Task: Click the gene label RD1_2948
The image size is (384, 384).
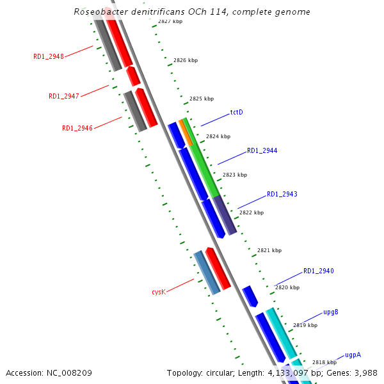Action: [x=49, y=56]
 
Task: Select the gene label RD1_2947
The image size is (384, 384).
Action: [x=64, y=97]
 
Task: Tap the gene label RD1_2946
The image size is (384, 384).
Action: [x=77, y=128]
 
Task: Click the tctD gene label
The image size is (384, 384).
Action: [x=236, y=113]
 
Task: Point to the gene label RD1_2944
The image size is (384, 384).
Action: [x=262, y=151]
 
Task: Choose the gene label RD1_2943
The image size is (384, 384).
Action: [x=282, y=194]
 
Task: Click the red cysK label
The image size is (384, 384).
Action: [x=159, y=292]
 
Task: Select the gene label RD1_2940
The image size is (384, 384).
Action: [x=318, y=271]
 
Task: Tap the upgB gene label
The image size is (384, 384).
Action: [x=330, y=312]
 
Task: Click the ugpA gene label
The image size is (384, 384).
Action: [x=353, y=355]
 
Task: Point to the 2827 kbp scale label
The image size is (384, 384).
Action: [x=170, y=22]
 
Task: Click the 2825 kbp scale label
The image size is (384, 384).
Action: [x=202, y=99]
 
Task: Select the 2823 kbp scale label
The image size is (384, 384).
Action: [x=235, y=175]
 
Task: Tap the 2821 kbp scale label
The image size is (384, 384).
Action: [x=269, y=251]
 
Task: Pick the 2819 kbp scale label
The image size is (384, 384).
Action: [x=305, y=325]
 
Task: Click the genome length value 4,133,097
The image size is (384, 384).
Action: [x=282, y=372]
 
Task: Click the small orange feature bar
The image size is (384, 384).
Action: [x=185, y=132]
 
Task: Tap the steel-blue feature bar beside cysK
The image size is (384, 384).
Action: [x=207, y=273]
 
